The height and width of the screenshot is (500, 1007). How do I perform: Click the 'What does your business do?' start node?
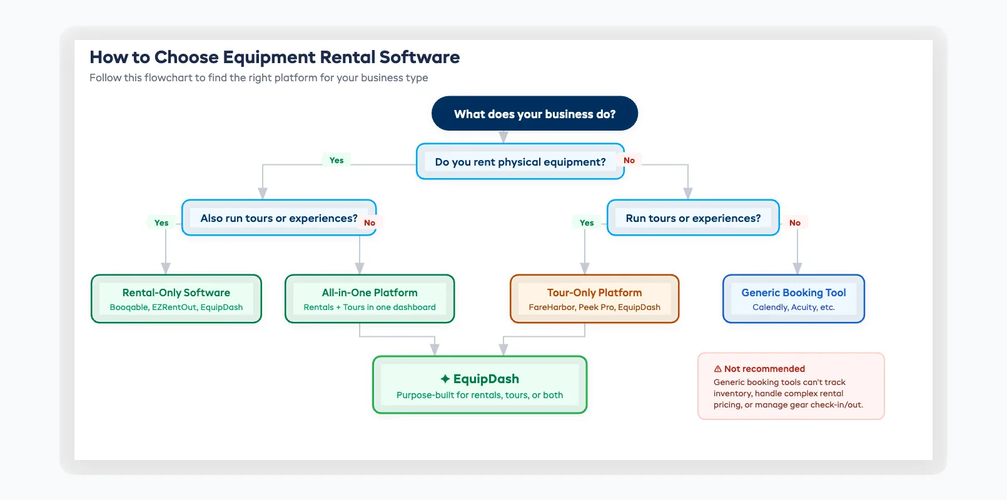coord(535,114)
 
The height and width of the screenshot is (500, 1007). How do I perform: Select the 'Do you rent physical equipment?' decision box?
coord(520,162)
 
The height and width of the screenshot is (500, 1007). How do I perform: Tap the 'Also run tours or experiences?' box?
coord(279,218)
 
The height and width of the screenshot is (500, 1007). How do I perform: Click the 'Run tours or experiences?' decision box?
coord(693,218)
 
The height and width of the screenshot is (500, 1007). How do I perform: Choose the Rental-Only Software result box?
coord(176,299)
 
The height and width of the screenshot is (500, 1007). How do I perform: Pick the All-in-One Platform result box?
coord(370,299)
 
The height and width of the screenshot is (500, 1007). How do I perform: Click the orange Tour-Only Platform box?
coord(594,299)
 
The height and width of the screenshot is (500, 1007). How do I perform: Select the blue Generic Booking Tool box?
coord(793,299)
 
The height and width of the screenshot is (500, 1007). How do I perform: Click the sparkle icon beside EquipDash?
coord(445,379)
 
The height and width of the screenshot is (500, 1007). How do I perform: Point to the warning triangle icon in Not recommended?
coord(718,369)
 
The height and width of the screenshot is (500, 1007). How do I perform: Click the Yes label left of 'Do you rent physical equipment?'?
coord(337,161)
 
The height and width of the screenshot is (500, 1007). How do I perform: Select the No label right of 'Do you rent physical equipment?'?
coord(629,161)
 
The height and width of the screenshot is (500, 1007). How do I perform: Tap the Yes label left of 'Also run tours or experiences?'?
coord(161,223)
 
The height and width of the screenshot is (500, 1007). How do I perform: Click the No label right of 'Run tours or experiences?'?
coord(795,223)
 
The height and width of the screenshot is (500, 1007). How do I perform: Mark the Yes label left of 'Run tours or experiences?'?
coord(587,223)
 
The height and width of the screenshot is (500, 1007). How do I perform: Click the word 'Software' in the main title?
coord(420,57)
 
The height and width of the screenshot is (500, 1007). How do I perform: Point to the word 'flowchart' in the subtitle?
coord(168,78)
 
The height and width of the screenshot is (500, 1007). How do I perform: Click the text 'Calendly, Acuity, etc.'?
coord(793,307)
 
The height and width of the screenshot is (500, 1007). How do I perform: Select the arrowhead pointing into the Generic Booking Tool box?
coord(797,269)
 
